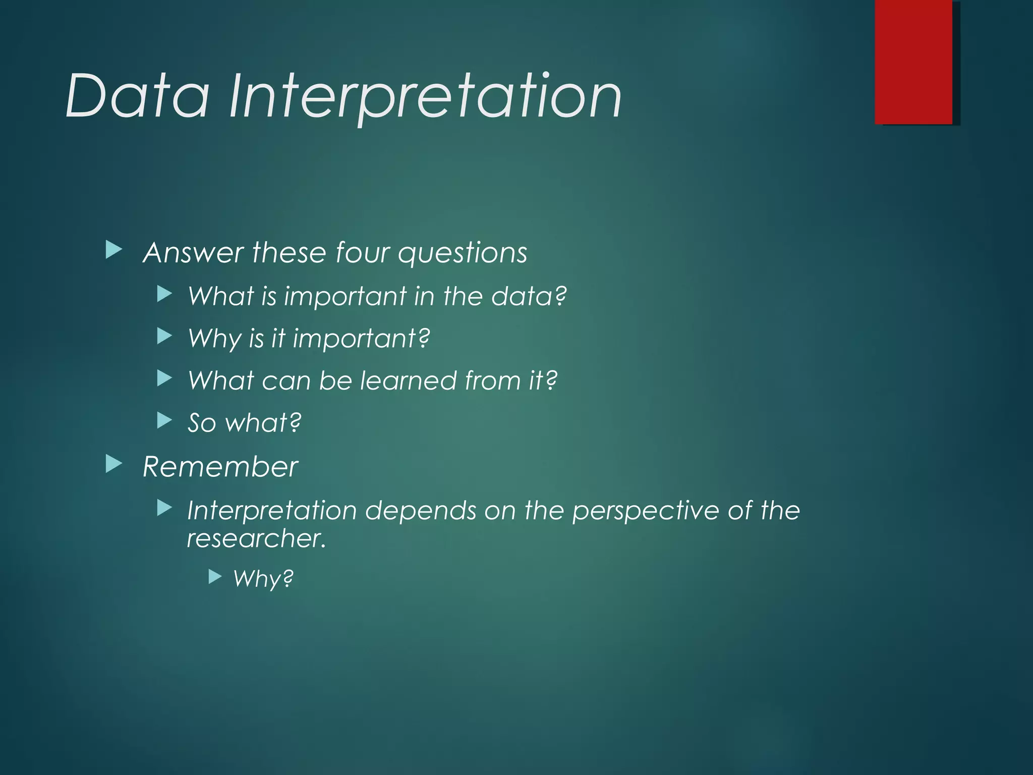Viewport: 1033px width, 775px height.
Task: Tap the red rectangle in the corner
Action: [x=913, y=62]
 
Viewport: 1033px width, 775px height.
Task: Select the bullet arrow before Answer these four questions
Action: [x=114, y=250]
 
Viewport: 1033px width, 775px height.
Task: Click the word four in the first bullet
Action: [x=362, y=252]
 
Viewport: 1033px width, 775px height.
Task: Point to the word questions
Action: [x=462, y=253]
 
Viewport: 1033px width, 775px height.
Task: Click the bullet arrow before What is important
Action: [x=164, y=294]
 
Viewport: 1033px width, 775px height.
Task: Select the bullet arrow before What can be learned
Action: [x=164, y=378]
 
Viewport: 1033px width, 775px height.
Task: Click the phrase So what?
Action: [x=244, y=423]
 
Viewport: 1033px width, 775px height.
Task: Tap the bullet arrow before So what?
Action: [x=164, y=420]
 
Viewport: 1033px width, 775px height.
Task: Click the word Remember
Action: [x=220, y=467]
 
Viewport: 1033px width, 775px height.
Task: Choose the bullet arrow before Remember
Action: [x=114, y=464]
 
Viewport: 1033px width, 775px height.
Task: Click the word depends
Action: [x=421, y=511]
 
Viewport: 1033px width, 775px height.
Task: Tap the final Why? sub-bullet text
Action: [x=263, y=578]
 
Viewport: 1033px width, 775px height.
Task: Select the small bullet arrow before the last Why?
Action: [x=215, y=577]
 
